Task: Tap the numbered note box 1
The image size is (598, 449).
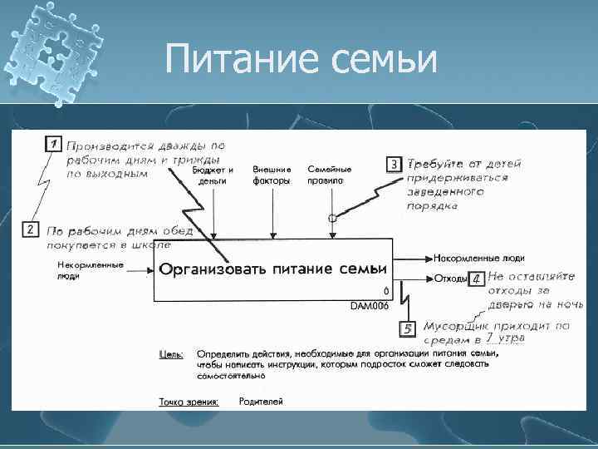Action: point(52,144)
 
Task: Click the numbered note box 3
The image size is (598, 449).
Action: point(395,165)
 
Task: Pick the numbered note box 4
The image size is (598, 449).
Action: point(476,279)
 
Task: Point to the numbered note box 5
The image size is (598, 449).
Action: point(408,329)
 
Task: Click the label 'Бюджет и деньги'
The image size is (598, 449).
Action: point(213,175)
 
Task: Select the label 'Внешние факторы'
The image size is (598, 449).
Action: point(272,175)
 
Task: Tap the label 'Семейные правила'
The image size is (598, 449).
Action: point(330,175)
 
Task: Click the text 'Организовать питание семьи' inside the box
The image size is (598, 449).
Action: point(273,269)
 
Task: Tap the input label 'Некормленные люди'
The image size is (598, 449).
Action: point(90,270)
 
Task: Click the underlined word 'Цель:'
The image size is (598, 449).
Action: point(171,354)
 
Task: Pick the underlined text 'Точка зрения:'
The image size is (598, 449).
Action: point(189,402)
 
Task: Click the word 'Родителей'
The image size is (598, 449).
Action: point(261,402)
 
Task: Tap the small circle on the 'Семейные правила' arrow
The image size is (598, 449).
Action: point(331,218)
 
